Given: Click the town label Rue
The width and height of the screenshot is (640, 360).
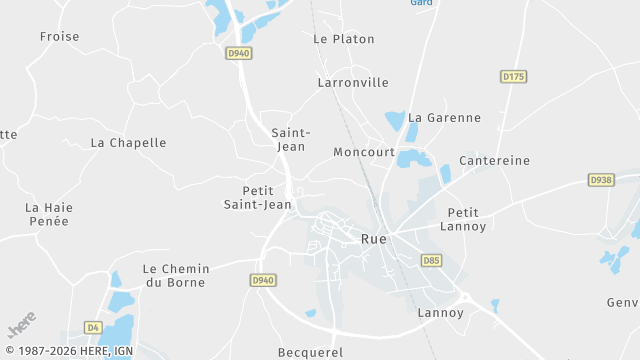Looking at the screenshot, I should (x=373, y=239).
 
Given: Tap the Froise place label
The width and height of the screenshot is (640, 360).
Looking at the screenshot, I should (x=59, y=37).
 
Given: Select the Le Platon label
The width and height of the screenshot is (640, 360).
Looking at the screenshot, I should (x=343, y=39).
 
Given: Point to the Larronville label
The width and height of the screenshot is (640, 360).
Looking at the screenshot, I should (x=352, y=82).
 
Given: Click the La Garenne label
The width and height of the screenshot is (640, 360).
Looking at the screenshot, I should (x=444, y=117).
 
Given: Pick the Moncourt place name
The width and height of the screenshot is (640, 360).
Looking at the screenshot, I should (x=364, y=152).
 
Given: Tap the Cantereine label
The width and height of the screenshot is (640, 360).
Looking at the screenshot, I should (x=494, y=160).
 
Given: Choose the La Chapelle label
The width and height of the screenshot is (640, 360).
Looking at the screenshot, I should (x=128, y=142).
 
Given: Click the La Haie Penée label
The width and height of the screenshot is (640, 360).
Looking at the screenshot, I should (x=49, y=214).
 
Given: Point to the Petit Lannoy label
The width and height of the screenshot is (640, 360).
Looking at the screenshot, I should (x=463, y=219).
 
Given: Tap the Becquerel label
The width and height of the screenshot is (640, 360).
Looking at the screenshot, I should (x=310, y=352).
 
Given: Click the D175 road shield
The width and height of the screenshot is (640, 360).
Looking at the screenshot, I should (x=513, y=76).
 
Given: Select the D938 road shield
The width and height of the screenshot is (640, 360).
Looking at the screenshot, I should (x=600, y=180).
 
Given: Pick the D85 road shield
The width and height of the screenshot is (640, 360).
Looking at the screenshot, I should (x=431, y=260).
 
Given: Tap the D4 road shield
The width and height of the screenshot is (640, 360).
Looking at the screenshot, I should (x=93, y=327).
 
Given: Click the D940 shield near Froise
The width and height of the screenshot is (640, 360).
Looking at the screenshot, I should (x=238, y=54).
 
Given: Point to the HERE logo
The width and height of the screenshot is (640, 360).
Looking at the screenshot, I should (x=21, y=326).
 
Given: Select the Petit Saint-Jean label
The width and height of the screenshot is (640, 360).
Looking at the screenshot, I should (x=257, y=197).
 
